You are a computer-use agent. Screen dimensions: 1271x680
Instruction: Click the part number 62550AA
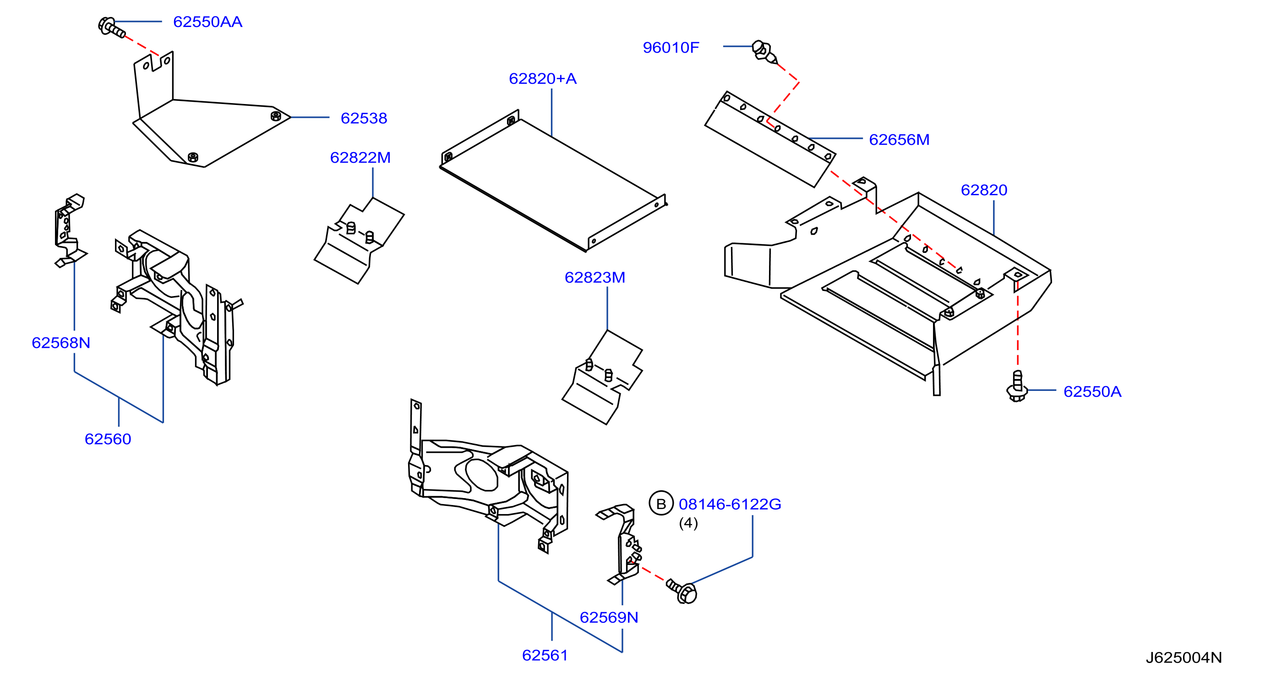(208, 22)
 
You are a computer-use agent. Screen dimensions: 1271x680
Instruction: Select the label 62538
(364, 118)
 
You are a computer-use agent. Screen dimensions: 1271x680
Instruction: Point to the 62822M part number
(360, 158)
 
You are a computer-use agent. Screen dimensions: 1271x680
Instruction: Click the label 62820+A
(543, 78)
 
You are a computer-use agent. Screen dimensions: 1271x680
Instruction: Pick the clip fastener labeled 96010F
(764, 52)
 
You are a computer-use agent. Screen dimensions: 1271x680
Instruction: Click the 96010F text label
(671, 47)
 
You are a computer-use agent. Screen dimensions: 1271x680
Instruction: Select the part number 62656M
(899, 140)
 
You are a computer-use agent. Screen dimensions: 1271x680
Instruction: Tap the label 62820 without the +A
(984, 190)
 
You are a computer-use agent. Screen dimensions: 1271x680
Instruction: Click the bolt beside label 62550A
(1017, 386)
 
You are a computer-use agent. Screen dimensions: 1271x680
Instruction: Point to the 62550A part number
(1092, 391)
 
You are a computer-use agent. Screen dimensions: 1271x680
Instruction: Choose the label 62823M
(595, 277)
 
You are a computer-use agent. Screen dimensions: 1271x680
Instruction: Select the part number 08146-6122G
(730, 504)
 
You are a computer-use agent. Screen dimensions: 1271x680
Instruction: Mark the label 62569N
(609, 617)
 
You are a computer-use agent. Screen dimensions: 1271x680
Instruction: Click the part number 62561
(545, 655)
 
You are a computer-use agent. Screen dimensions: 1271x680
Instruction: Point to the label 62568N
(61, 343)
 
